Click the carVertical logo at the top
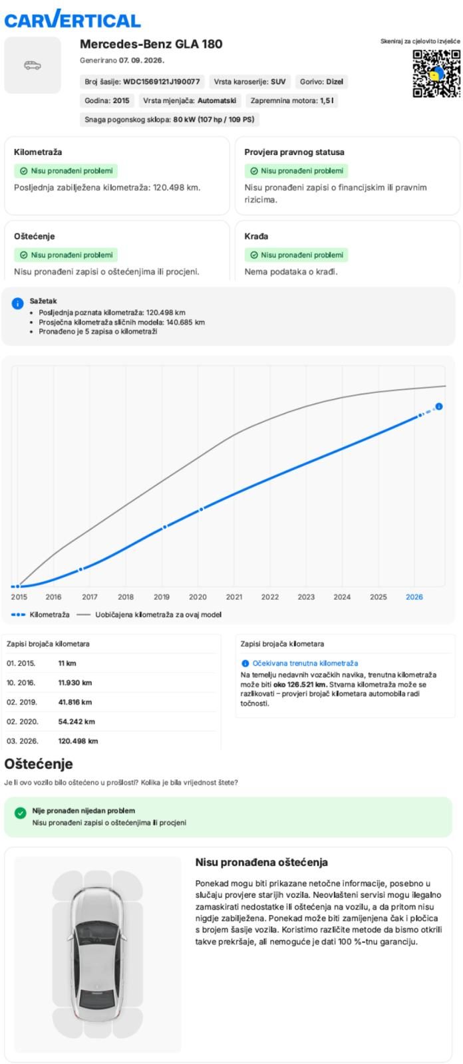point(73,19)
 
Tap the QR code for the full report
point(436,74)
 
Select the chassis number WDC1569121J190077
point(161,82)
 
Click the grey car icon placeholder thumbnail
point(33,65)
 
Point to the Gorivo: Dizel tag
point(321,82)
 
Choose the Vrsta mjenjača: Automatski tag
point(190,100)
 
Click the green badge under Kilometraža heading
point(66,171)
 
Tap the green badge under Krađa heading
point(296,255)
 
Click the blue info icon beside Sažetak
point(17,303)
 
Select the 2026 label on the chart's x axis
point(414,597)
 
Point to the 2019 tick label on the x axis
point(162,597)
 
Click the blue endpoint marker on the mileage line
point(439,406)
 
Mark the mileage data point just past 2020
point(201,509)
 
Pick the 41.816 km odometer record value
point(75,702)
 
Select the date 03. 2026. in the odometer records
point(23,741)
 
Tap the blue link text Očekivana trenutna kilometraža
point(305,663)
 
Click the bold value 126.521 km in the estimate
point(307,684)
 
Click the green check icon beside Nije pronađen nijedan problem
point(21,813)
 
